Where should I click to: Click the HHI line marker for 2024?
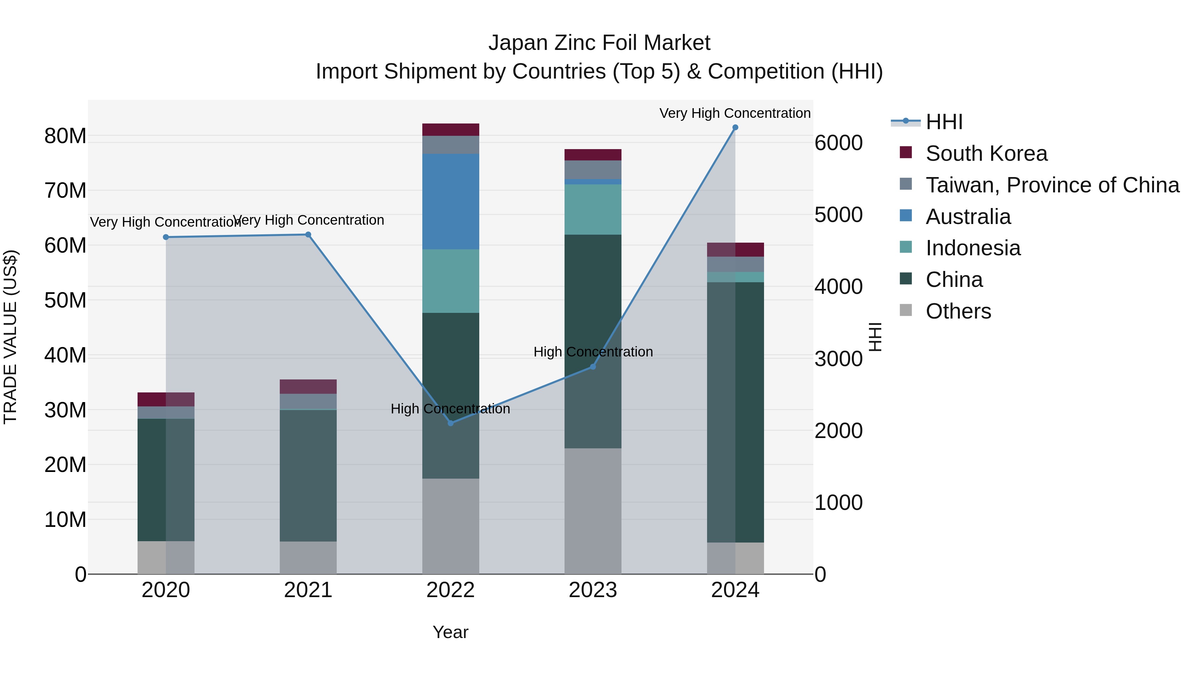(735, 127)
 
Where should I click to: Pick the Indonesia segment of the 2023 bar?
(593, 209)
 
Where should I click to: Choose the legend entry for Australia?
(968, 217)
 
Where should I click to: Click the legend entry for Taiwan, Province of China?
(1052, 185)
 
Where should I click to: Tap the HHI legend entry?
(944, 122)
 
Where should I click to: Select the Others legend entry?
(958, 311)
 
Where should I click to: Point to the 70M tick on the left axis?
(65, 191)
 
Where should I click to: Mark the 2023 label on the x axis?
(593, 590)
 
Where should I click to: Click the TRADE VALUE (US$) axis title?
(10, 337)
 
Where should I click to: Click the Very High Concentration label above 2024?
(735, 113)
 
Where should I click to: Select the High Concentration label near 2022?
(450, 409)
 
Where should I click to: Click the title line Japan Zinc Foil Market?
(599, 43)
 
